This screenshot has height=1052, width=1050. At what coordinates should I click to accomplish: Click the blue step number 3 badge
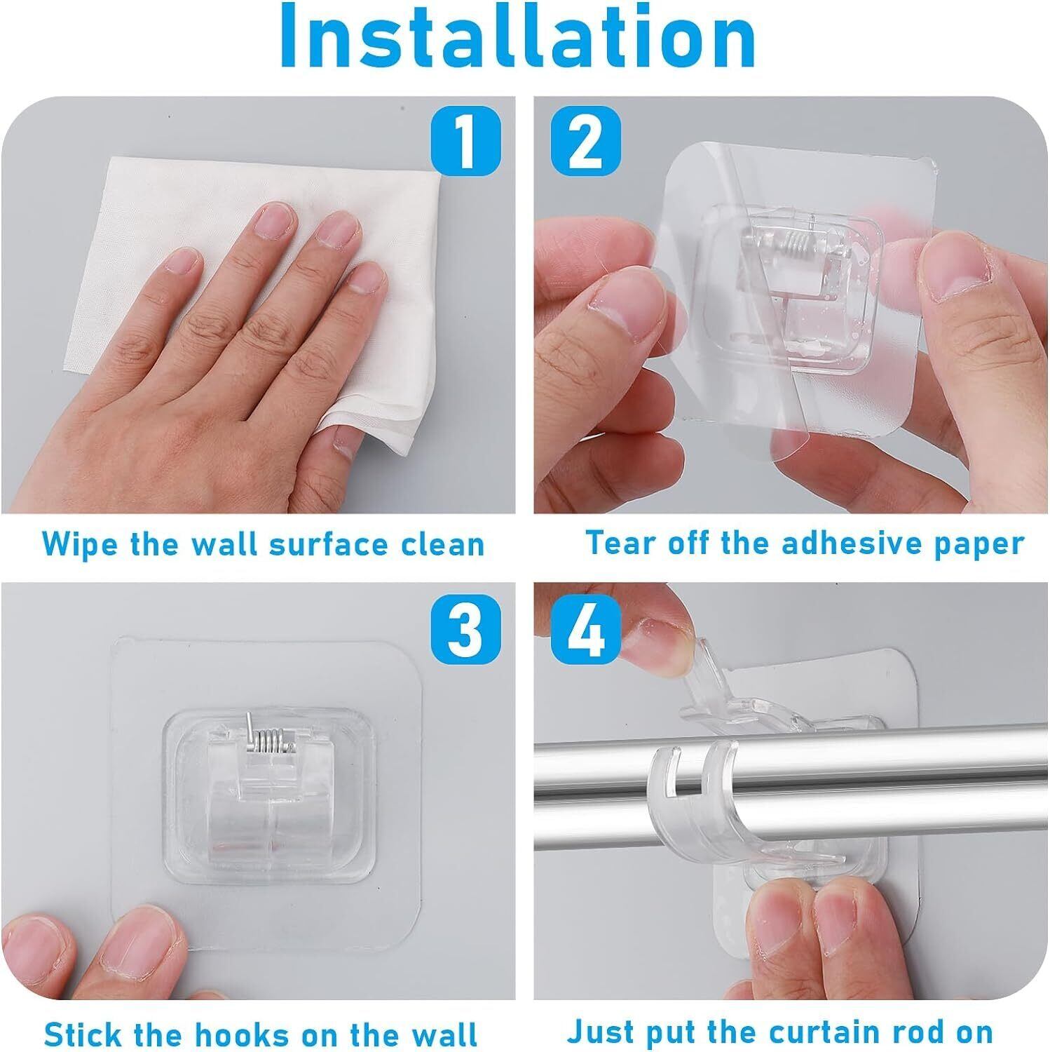click(465, 629)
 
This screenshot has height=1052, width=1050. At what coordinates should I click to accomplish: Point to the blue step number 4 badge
click(586, 629)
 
